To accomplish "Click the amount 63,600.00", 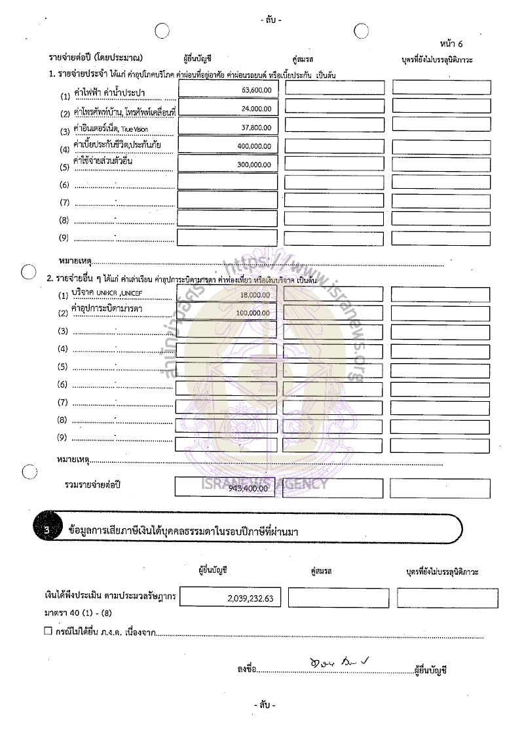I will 256,89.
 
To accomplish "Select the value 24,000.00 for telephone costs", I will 256,108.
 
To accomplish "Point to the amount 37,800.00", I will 256,127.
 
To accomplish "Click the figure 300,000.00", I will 255,165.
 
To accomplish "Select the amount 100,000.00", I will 253,313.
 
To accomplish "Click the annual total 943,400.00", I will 249,488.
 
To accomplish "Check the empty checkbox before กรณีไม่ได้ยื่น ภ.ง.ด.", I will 47,631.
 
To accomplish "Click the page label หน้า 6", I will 451,44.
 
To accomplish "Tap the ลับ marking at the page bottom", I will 265,705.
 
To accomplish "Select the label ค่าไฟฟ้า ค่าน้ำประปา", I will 109,92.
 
